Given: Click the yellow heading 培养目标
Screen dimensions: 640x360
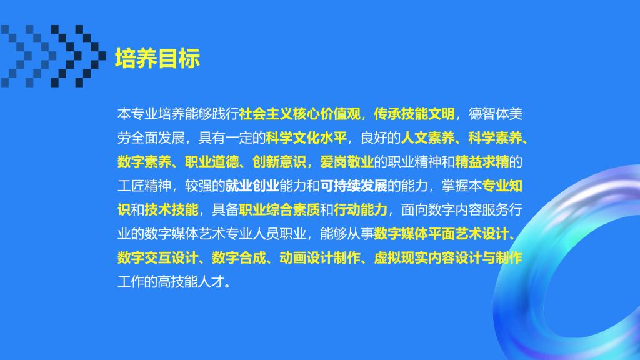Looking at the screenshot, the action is [157, 58].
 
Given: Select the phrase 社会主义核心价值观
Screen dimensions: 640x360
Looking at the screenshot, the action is [300, 114].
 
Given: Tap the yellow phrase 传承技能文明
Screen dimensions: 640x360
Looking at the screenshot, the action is [414, 114].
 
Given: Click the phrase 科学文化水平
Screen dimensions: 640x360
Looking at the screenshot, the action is [306, 138].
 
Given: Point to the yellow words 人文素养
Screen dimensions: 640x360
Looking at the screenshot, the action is [427, 138].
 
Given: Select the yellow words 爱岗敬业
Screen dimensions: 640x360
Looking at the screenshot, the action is [347, 162].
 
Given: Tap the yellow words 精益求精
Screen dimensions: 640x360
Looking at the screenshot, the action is [482, 162].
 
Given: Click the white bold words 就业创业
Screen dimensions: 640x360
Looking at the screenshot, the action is [252, 186].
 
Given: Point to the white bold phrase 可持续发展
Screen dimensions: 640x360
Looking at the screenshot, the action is [354, 186].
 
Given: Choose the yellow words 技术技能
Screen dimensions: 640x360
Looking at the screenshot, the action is [171, 210].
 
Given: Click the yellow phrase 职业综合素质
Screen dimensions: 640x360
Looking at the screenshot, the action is [279, 210].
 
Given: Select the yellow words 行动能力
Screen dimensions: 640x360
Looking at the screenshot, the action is [361, 210].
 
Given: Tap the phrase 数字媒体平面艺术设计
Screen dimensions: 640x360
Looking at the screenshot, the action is [441, 234].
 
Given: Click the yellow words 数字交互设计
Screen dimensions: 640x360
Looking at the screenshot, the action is [158, 258].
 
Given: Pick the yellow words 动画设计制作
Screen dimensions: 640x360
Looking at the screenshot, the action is [319, 258].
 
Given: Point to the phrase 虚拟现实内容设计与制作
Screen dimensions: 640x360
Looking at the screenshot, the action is [448, 258].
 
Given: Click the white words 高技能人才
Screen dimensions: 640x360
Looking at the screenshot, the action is [191, 282].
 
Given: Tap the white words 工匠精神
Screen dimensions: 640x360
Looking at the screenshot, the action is [144, 186].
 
